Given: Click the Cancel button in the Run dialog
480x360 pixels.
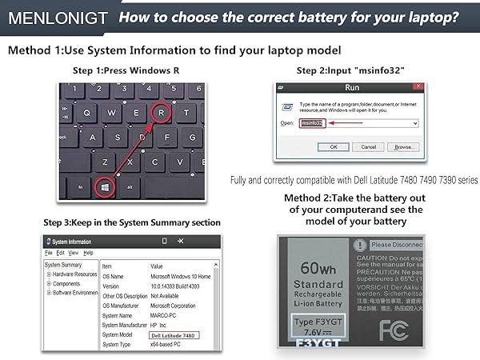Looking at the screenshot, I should (x=368, y=147).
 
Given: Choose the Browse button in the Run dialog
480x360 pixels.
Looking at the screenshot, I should (x=404, y=147).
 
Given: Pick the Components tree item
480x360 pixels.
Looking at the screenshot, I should (x=68, y=284).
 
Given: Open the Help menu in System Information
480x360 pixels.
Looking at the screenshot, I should (x=89, y=253).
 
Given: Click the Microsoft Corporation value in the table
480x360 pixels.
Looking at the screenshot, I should (x=172, y=306).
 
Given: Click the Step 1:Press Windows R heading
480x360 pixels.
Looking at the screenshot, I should (x=126, y=70).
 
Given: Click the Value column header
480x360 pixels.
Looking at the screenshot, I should (x=157, y=266).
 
